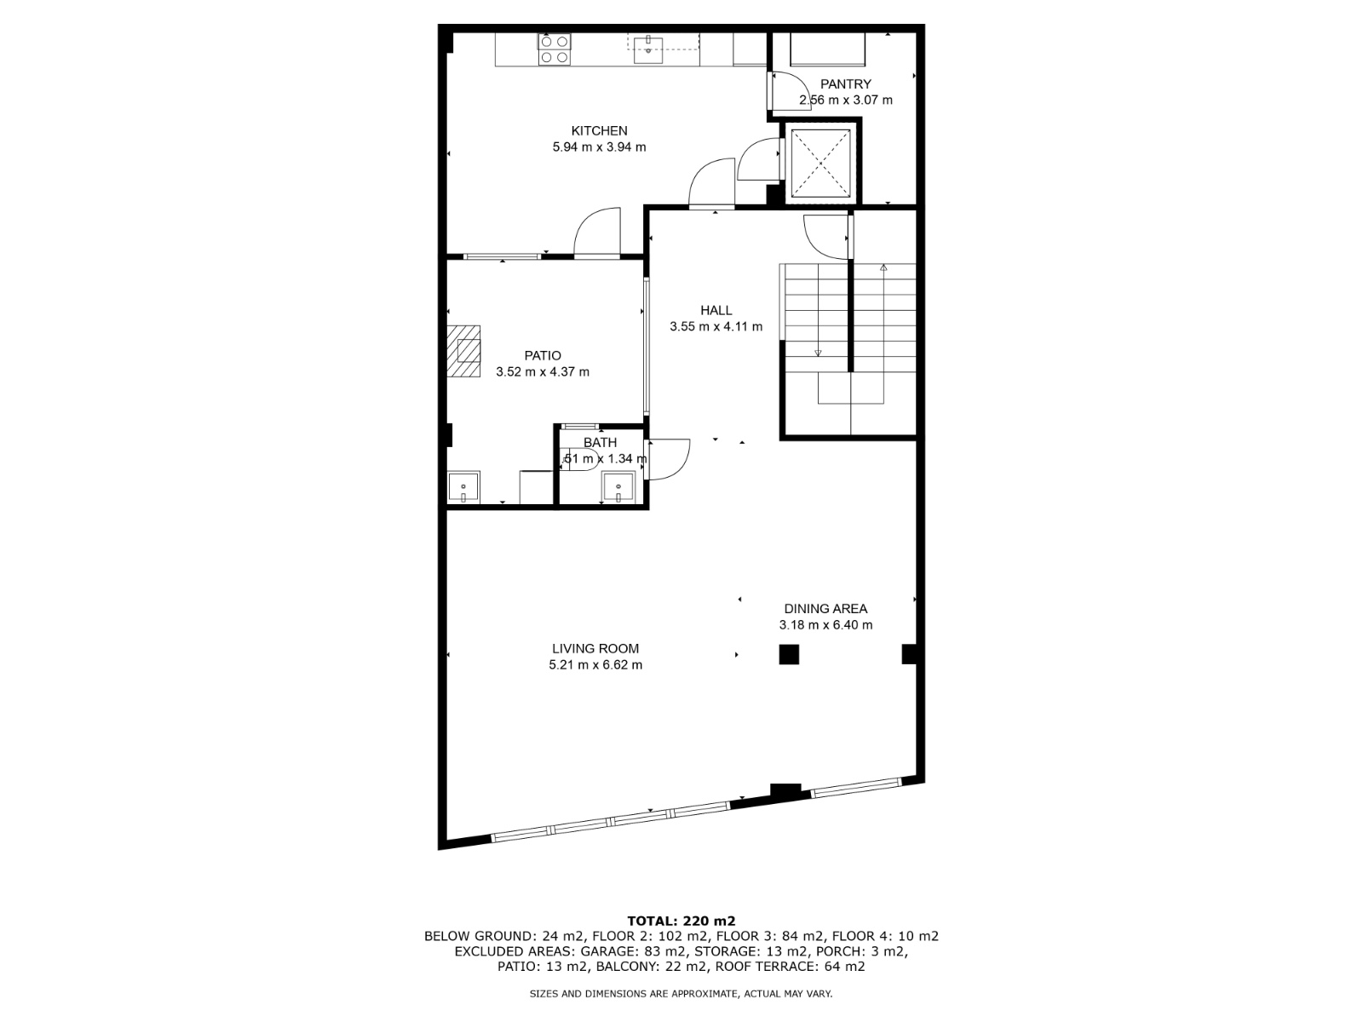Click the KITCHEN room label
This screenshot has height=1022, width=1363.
[x=599, y=131]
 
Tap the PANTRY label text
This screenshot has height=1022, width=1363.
[x=845, y=83]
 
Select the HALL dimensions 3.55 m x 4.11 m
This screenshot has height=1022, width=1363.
[x=716, y=326]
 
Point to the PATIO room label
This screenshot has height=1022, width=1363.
[x=542, y=355]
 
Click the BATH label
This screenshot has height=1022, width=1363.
[x=600, y=442]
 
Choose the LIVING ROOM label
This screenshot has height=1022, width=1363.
[x=595, y=648]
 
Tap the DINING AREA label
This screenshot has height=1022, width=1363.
[x=825, y=609]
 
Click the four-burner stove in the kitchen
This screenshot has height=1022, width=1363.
[x=555, y=49]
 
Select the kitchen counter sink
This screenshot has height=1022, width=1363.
[x=648, y=50]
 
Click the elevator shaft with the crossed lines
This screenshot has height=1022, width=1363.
[x=820, y=164]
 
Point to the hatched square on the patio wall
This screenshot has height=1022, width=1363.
[x=463, y=351]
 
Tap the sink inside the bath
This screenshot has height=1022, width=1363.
[x=618, y=487]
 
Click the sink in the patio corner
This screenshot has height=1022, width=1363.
[x=463, y=486]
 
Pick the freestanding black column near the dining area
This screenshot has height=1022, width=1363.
[x=789, y=655]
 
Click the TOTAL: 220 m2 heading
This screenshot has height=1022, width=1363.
[x=681, y=921]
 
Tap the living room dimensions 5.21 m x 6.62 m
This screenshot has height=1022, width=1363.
[x=595, y=664]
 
